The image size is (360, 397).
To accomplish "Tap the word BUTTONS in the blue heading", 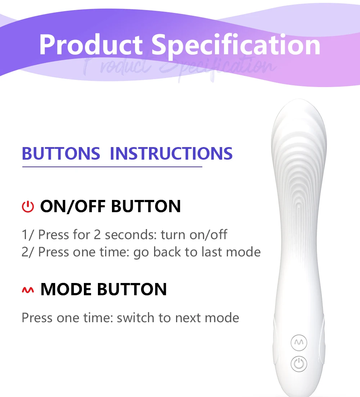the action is coord(61,154).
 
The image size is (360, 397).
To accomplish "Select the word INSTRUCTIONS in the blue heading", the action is coord(171,154).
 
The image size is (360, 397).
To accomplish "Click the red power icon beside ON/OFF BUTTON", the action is coord(28,207).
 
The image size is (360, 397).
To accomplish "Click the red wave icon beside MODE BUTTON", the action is coord(28,290).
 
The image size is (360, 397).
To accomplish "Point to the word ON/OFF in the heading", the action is coord(73,206).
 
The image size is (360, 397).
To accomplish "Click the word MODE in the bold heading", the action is coord(66,289).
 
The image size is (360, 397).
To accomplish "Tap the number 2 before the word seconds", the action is coord(97,235).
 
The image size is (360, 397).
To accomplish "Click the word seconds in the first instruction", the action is coord(131,235).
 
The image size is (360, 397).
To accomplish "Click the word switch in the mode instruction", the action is coord(135,318).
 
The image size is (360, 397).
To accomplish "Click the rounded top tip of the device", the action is coord(299,100).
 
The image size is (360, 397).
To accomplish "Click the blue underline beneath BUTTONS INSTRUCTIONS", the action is coord(112,167).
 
